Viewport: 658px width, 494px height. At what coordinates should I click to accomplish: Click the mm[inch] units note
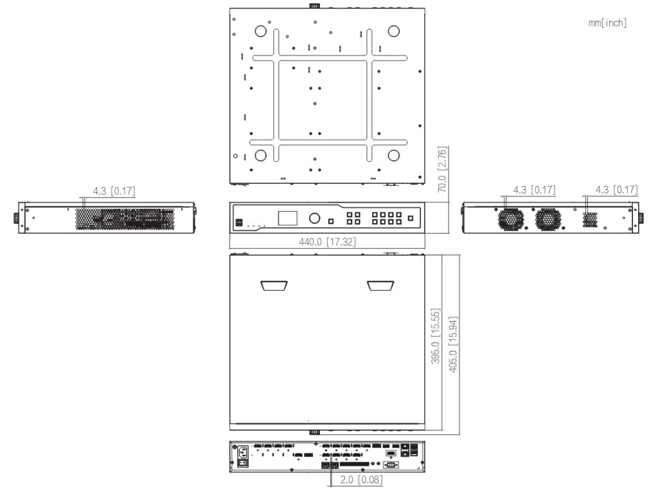pos(607,23)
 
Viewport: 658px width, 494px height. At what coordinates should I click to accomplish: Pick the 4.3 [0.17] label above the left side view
pos(114,190)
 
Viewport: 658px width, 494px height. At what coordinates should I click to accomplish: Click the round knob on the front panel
pos(315,217)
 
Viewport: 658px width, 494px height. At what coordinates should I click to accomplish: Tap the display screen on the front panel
pos(288,217)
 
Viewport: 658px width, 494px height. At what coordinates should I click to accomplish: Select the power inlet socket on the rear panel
pos(242,451)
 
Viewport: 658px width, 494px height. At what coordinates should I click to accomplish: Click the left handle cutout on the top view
pos(274,285)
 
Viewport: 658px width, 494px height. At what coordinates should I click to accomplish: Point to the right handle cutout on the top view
pos(381,285)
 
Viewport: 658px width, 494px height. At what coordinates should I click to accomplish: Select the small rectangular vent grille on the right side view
pos(590,219)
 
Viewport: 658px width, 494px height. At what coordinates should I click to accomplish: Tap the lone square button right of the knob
pos(331,221)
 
